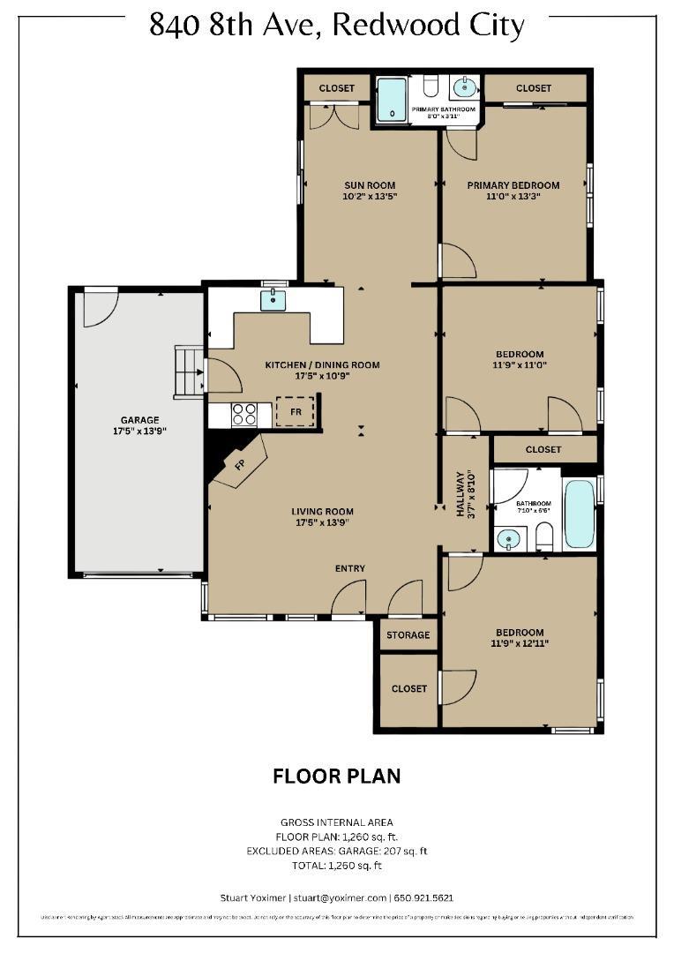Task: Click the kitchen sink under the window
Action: pyautogui.click(x=274, y=301)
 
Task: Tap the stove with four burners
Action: pyautogui.click(x=244, y=413)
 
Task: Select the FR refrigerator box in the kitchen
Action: pyautogui.click(x=295, y=411)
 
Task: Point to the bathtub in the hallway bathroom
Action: pyautogui.click(x=580, y=514)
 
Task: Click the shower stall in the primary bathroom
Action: pyautogui.click(x=392, y=100)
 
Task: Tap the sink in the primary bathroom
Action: pyautogui.click(x=463, y=87)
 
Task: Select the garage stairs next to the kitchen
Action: pyautogui.click(x=189, y=371)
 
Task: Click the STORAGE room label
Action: pyautogui.click(x=408, y=635)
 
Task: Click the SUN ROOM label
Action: pyautogui.click(x=370, y=185)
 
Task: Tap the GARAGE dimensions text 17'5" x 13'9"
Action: pyautogui.click(x=139, y=431)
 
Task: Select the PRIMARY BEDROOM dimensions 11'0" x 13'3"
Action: pyautogui.click(x=513, y=197)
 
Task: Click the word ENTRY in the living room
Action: pyautogui.click(x=350, y=568)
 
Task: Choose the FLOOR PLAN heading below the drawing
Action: pyautogui.click(x=336, y=777)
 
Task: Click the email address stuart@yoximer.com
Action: pyautogui.click(x=340, y=897)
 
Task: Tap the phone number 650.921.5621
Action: pyautogui.click(x=426, y=897)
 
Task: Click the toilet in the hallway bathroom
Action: pyautogui.click(x=543, y=536)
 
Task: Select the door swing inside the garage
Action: pyautogui.click(x=99, y=306)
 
